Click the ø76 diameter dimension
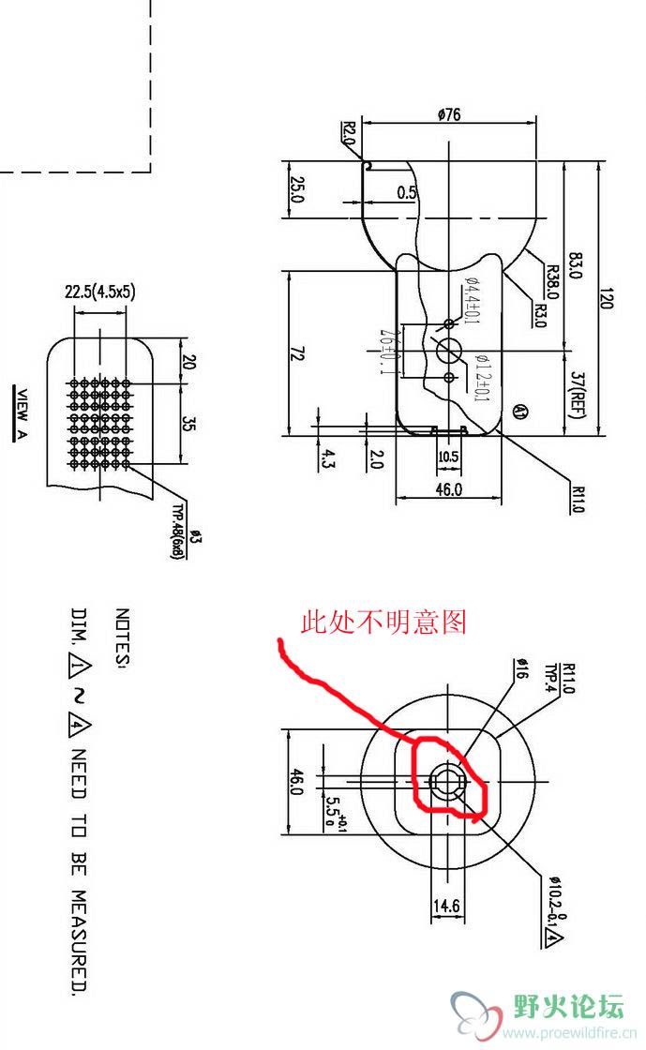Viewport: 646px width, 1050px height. click(449, 114)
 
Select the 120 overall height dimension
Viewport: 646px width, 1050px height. click(606, 300)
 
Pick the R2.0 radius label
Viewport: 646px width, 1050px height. click(348, 133)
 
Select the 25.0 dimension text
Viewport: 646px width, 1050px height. click(296, 194)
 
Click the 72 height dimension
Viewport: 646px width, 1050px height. click(297, 353)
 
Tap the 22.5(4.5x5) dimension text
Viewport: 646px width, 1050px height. click(99, 292)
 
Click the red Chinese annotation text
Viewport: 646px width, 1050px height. click(383, 622)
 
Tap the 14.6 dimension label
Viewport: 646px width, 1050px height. click(447, 907)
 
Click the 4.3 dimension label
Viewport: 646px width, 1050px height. click(327, 458)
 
